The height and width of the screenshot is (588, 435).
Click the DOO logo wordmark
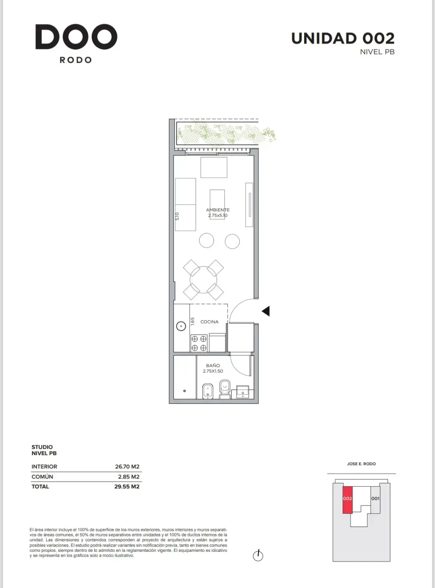(76, 37)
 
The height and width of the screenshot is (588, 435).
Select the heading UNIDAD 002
(343, 39)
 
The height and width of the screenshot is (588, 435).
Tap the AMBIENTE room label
(217, 210)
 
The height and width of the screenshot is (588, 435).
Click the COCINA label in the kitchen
(209, 322)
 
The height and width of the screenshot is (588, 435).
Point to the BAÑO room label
(213, 365)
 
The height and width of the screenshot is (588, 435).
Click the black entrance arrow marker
(266, 311)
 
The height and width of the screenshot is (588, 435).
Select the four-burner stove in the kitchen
(199, 343)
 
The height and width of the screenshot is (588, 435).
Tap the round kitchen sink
(181, 326)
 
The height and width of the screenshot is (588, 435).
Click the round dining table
(203, 280)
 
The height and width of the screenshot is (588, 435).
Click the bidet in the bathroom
(207, 391)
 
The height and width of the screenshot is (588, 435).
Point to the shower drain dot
(184, 391)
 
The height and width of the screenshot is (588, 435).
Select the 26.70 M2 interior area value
(127, 466)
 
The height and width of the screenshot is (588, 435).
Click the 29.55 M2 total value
(127, 487)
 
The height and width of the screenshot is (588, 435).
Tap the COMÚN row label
(42, 477)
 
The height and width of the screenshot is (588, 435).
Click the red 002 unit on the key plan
(348, 500)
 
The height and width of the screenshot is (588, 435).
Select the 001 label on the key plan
(375, 498)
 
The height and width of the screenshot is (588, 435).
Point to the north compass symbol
(258, 556)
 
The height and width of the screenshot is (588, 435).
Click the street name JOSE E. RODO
(361, 464)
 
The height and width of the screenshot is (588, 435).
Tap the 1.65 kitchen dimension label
(193, 321)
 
